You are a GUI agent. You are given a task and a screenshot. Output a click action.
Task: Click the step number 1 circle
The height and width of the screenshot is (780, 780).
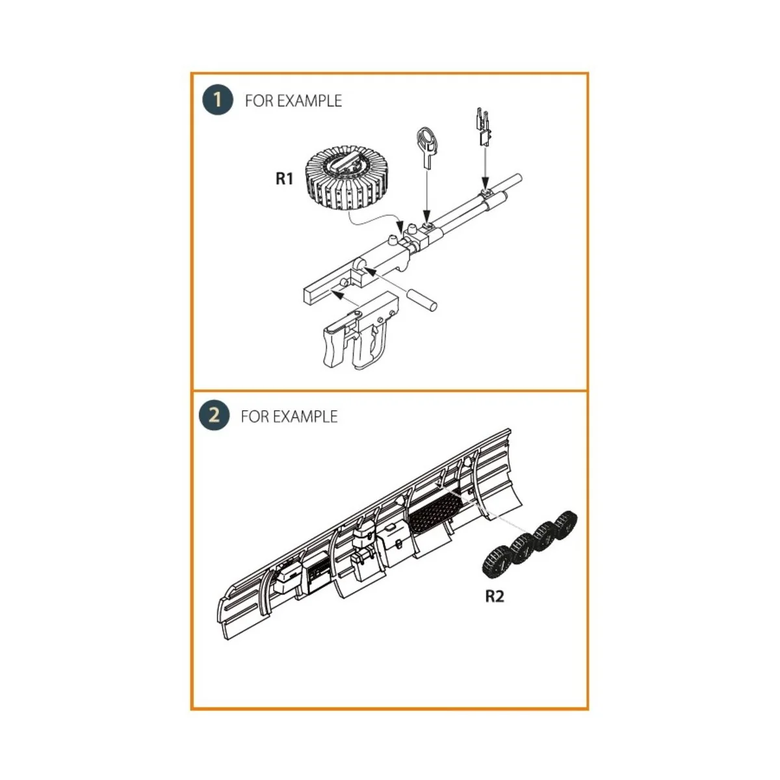click(x=217, y=100)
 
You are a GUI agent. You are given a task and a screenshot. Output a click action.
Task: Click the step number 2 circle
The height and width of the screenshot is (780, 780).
click(x=214, y=415)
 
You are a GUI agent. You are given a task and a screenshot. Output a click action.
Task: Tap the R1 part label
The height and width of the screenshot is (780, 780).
click(x=285, y=179)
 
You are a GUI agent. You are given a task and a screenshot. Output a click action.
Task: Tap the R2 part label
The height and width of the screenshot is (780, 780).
click(x=495, y=596)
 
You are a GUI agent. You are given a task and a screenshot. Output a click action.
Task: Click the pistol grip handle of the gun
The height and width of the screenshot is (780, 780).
click(x=337, y=341)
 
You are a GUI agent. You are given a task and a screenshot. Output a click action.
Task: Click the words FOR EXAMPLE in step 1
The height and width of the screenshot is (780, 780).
click(x=293, y=101)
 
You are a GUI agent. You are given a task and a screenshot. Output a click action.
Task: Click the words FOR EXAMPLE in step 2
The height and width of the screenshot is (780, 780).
click(x=289, y=416)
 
